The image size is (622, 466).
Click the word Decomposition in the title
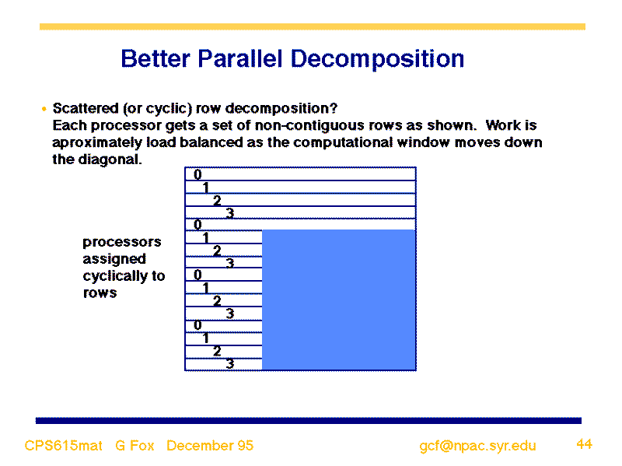pos(377,60)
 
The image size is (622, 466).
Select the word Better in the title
pos(155,59)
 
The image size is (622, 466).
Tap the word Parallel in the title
pos(240,59)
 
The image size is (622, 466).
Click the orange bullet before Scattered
pos(44,109)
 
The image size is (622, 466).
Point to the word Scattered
pos(86,108)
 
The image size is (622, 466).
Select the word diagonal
pos(110,159)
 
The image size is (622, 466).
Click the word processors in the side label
pos(122,242)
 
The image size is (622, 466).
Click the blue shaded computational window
pos(339,300)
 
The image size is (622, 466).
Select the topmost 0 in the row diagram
pos(197,174)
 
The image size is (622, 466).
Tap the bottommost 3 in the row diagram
pos(230,363)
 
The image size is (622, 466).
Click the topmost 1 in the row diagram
pos(205,187)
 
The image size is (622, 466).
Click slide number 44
pos(585,443)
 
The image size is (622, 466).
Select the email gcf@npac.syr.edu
pos(477,446)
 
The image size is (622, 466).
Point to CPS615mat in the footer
pos(64,445)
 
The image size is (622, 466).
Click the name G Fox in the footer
pos(135,445)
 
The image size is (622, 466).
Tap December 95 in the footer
pos(210,445)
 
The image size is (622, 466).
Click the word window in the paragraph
pos(423,142)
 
